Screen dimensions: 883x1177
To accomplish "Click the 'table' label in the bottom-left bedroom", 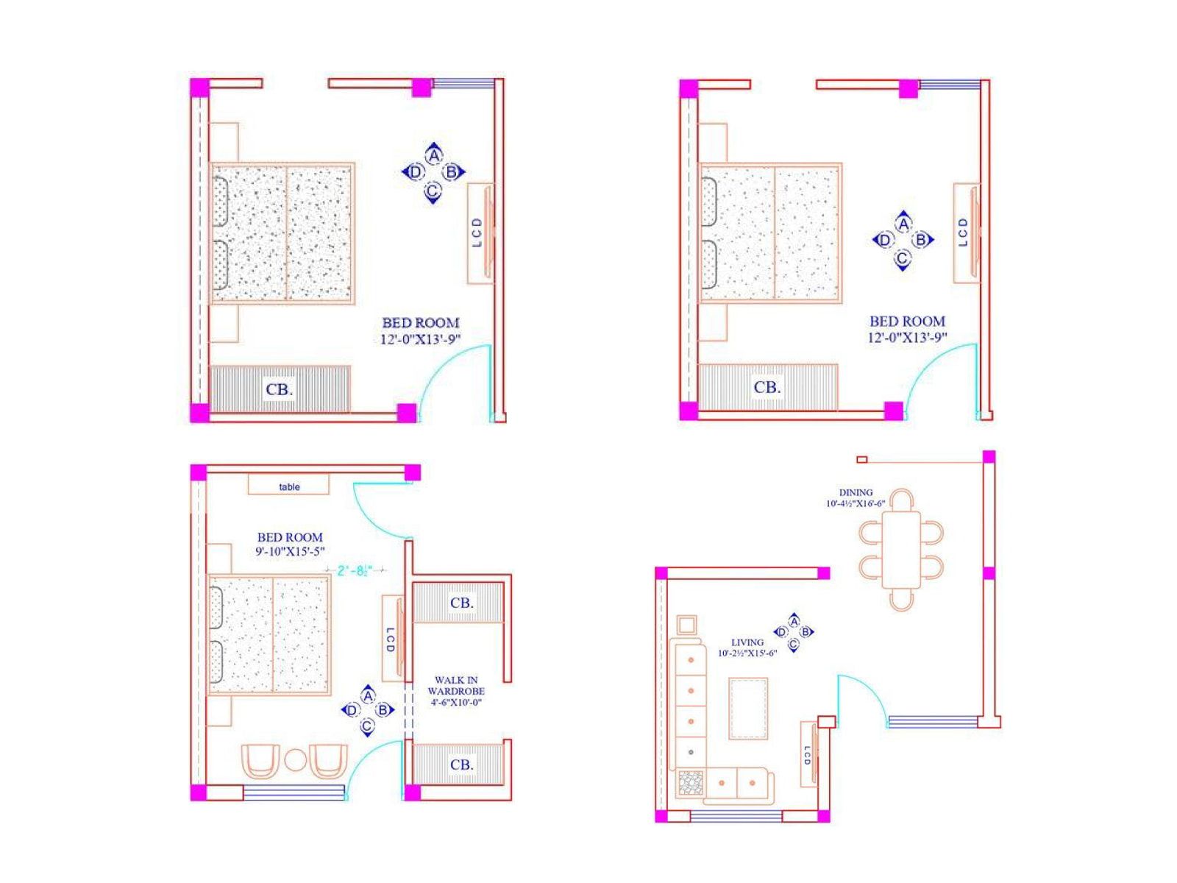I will (289, 487).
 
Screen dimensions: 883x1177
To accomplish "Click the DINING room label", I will (856, 493).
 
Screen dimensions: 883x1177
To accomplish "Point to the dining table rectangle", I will (900, 549).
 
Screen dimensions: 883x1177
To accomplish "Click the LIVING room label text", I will (747, 642).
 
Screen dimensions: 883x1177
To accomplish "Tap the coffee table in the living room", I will (748, 709).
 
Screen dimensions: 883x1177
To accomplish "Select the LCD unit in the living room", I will (808, 753).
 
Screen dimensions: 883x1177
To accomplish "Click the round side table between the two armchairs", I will (295, 760).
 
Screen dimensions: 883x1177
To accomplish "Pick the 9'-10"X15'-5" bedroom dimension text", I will (290, 551).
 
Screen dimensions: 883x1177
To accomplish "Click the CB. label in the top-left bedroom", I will (280, 389).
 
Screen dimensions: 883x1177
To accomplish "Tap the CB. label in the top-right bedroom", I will (767, 387).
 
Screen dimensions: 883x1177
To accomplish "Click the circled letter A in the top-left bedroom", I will (434, 156).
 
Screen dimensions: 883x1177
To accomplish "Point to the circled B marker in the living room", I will (806, 632).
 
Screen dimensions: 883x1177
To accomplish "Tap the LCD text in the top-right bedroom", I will (964, 232).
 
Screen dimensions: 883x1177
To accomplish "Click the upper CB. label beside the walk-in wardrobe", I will (461, 603).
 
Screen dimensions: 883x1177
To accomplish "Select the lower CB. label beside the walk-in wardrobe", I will (461, 765).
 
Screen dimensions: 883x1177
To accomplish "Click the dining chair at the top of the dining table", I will (901, 500).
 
